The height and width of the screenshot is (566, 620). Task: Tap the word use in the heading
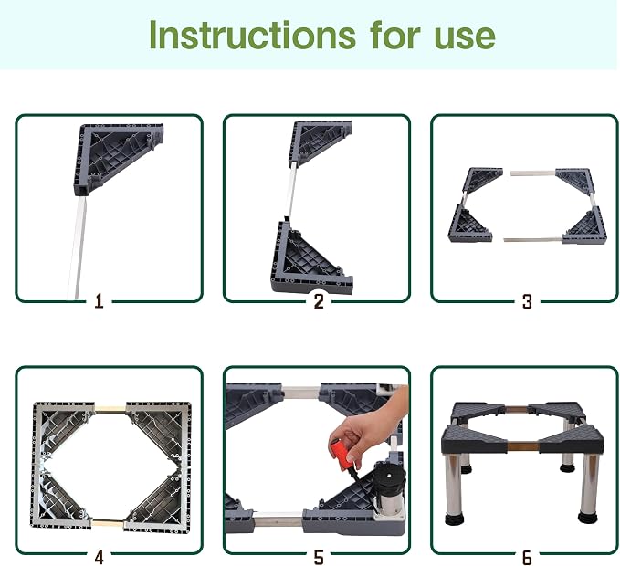click(x=465, y=38)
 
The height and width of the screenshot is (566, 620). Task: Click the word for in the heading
click(x=395, y=35)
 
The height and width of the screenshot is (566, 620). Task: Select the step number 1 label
click(x=99, y=301)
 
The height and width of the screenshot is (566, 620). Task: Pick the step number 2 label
click(x=319, y=301)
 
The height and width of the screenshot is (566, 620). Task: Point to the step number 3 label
click(x=527, y=301)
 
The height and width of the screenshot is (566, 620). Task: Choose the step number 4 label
click(x=99, y=557)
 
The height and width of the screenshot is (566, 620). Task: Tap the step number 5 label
click(x=319, y=557)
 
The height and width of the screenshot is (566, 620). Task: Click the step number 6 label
click(x=527, y=557)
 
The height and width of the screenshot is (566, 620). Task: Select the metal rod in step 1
click(x=77, y=248)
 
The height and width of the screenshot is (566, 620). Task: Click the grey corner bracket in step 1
click(x=118, y=158)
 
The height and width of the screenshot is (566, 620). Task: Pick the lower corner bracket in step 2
click(x=311, y=257)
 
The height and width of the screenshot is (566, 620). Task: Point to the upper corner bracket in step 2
click(x=320, y=143)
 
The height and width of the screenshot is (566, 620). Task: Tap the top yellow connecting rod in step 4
click(x=110, y=408)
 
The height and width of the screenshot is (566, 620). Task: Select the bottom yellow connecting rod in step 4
click(x=108, y=524)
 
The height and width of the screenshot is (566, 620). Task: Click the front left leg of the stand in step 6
click(x=454, y=489)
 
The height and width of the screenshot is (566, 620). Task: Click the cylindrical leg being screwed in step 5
click(x=388, y=487)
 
